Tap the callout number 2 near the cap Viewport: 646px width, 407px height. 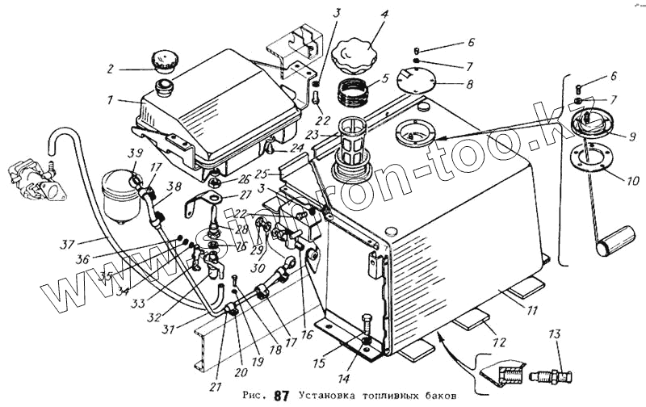[x=112, y=69]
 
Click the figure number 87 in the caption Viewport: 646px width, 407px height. [x=280, y=396]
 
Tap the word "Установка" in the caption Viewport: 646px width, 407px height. [x=327, y=396]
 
